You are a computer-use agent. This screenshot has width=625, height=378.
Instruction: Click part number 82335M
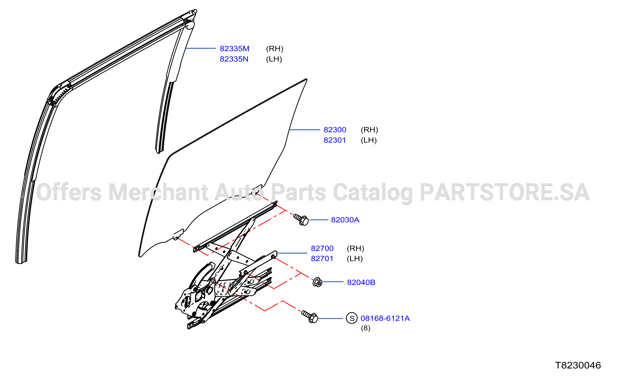point(234,48)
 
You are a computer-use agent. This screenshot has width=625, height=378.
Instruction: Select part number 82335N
point(234,59)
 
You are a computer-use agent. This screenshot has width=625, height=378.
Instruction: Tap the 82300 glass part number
point(335,130)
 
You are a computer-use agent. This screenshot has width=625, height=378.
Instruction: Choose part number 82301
point(335,140)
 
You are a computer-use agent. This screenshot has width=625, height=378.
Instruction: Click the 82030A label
point(345,220)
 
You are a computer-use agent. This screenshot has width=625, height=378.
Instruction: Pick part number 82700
point(322,248)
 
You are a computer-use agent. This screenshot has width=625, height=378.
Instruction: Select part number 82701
point(322,258)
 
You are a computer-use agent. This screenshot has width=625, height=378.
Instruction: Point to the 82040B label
point(361,282)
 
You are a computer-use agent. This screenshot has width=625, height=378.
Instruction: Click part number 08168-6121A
point(385,318)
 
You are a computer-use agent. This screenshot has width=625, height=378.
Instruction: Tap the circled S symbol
point(352,318)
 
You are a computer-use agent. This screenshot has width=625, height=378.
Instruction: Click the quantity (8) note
point(366,328)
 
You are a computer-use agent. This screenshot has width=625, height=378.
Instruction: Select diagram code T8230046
point(578,365)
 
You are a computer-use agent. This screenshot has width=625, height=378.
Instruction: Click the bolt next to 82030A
point(301,219)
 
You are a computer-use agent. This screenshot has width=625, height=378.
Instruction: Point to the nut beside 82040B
point(317,282)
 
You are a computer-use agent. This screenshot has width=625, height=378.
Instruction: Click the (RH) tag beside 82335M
point(274,48)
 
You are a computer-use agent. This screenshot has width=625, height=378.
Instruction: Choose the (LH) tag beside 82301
point(369,140)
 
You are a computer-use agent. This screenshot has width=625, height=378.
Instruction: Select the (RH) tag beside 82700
point(355,248)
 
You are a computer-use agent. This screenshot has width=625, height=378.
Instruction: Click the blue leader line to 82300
point(305,130)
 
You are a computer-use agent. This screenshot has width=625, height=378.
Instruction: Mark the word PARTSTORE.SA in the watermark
point(505,192)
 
